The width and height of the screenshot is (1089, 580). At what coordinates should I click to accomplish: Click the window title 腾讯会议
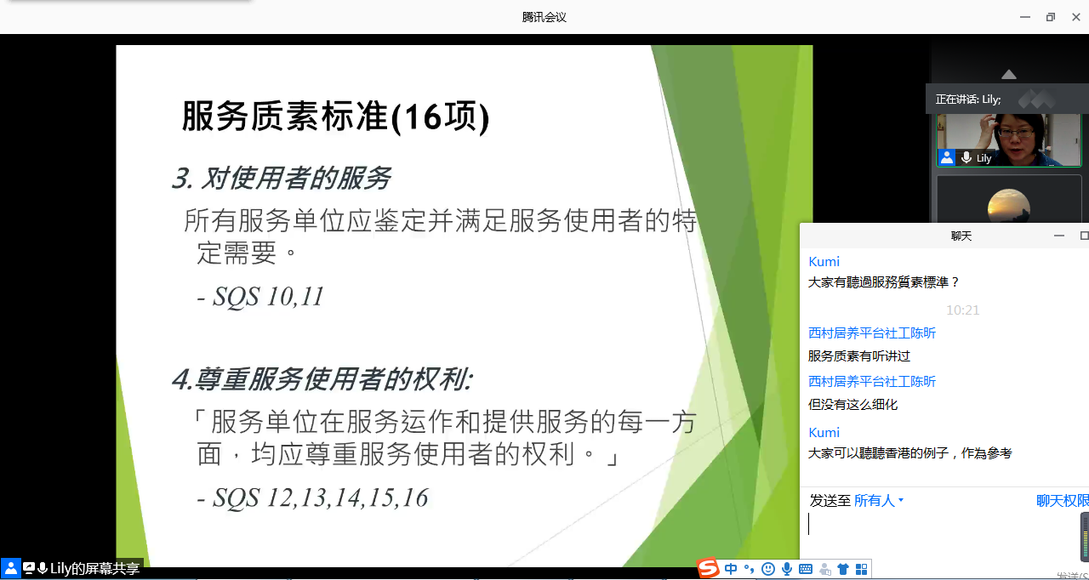[544, 18]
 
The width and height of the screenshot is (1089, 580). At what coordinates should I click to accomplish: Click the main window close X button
[1076, 17]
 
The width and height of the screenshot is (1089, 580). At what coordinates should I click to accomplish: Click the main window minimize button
[1025, 17]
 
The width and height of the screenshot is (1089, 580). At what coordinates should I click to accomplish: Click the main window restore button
[1051, 17]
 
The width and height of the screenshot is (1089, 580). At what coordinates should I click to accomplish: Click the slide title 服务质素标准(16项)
[335, 117]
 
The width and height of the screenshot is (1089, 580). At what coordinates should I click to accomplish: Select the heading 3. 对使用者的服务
[281, 178]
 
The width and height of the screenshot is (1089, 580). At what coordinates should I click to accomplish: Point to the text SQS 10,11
[268, 296]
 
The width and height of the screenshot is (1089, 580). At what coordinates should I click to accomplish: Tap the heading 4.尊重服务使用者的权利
[322, 379]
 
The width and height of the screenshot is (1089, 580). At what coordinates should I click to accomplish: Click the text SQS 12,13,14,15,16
[321, 498]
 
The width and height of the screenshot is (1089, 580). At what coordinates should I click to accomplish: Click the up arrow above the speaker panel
[1009, 74]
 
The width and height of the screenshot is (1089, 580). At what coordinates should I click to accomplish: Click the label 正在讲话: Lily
[968, 100]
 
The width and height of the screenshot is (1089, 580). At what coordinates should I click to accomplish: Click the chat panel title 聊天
[961, 236]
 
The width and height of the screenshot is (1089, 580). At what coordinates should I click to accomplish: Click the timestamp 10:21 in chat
[962, 310]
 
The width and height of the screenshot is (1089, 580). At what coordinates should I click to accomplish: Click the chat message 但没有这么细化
[852, 405]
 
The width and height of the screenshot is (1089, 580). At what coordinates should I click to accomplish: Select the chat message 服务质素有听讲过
[859, 356]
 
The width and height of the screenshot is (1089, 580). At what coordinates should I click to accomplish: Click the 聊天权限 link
[1063, 500]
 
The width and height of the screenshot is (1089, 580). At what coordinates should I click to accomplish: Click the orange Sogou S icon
[708, 567]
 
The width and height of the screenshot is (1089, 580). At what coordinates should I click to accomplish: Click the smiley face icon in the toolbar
[768, 569]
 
